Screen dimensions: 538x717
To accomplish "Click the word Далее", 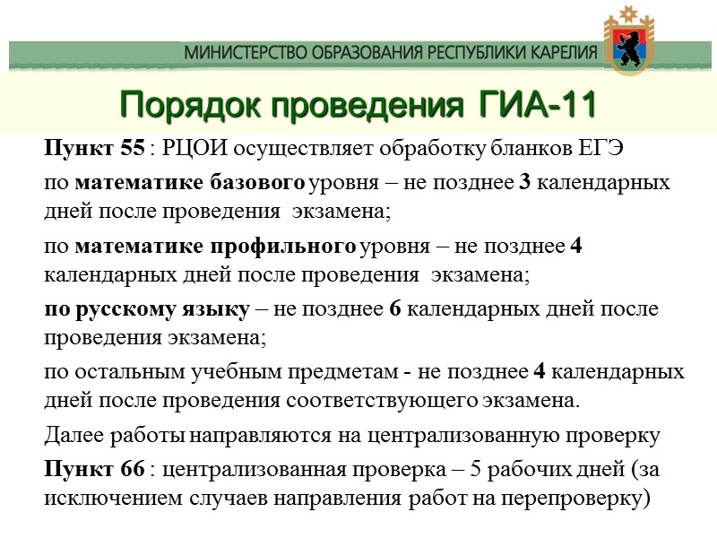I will click(x=71, y=436).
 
